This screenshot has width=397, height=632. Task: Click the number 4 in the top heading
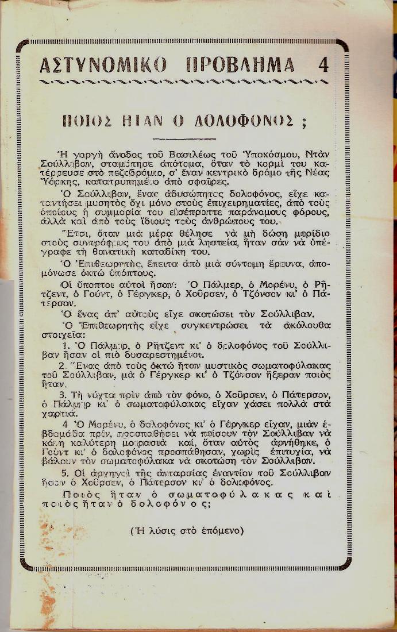[x=323, y=65]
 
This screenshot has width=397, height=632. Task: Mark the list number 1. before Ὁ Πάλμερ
[x=65, y=346]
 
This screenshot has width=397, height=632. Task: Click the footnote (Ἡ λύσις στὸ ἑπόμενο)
[x=187, y=530]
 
